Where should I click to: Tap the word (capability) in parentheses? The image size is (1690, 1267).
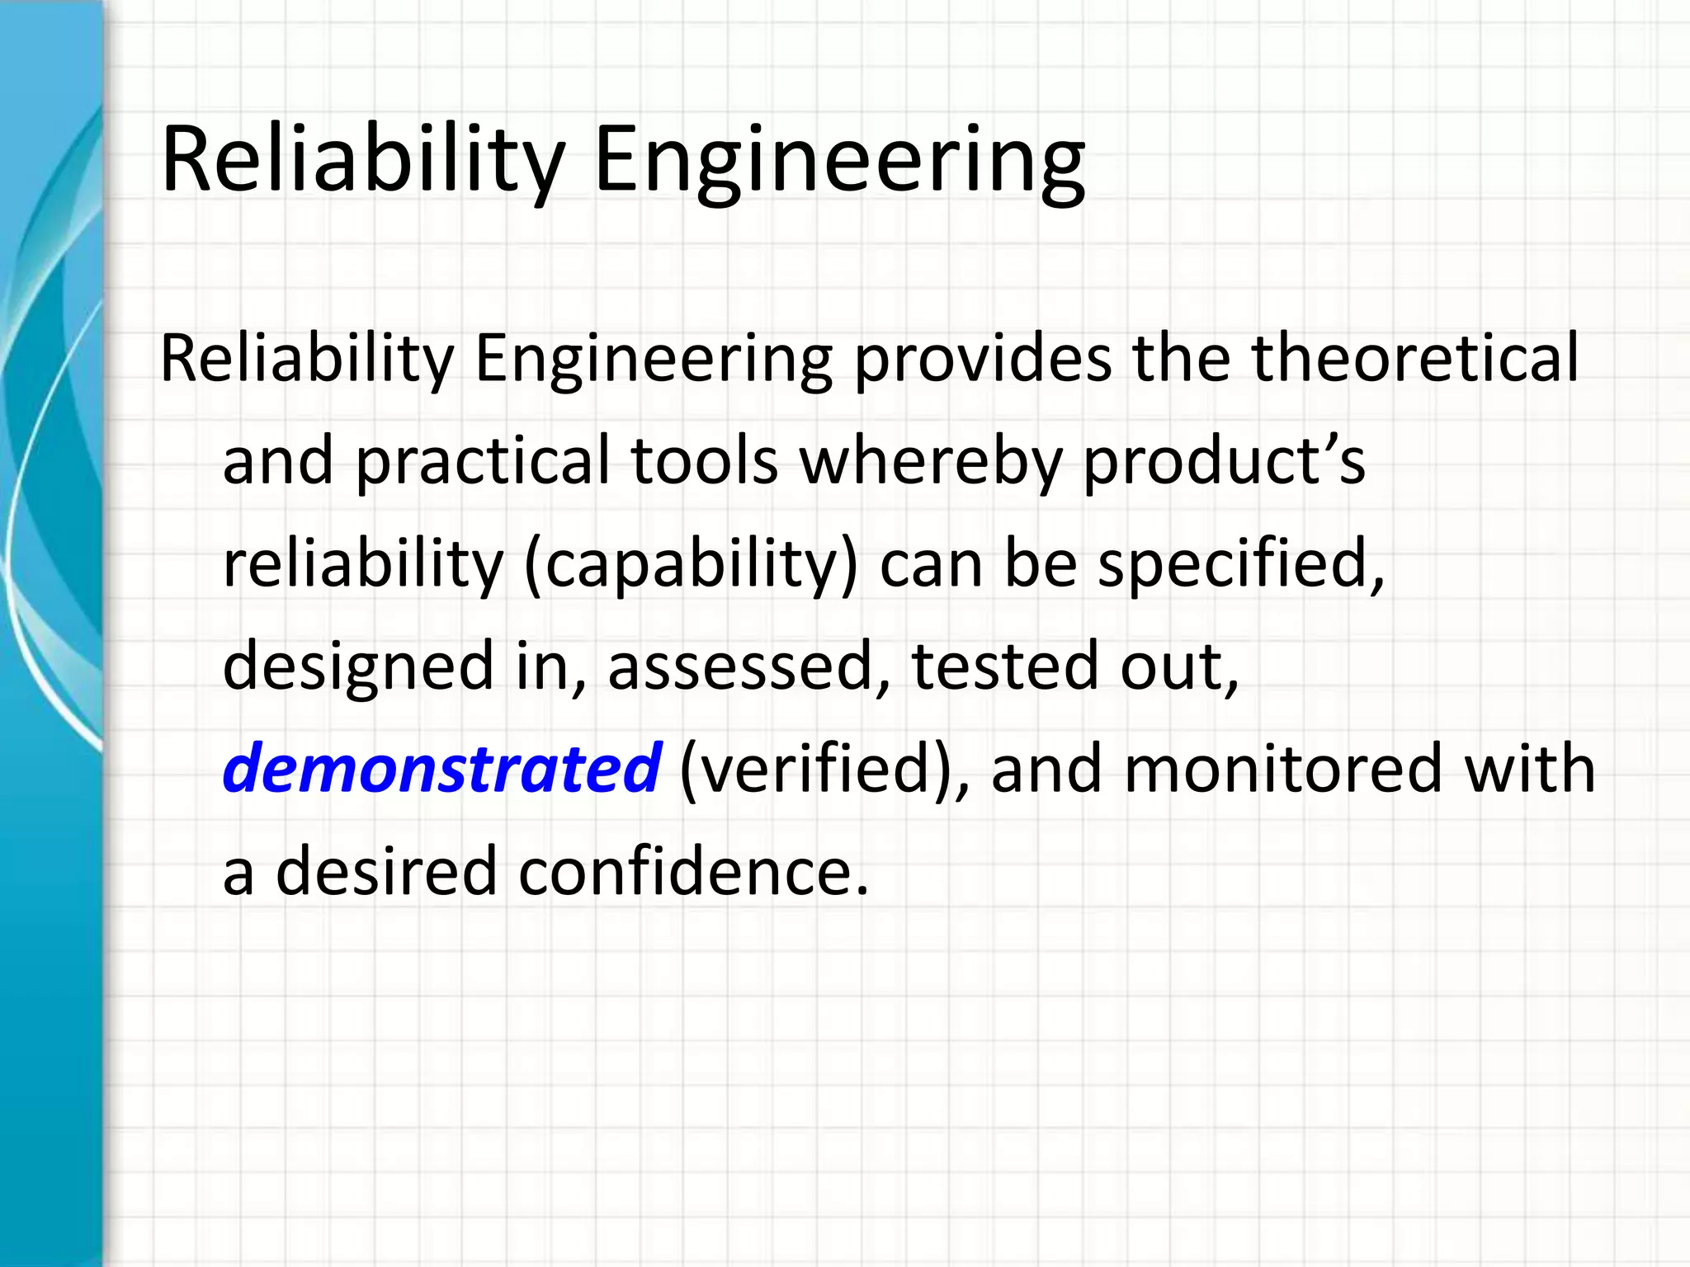[691, 564]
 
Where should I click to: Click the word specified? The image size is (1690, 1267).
[1241, 564]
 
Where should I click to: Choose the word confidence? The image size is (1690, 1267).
[694, 872]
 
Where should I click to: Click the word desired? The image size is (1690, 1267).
[385, 872]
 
